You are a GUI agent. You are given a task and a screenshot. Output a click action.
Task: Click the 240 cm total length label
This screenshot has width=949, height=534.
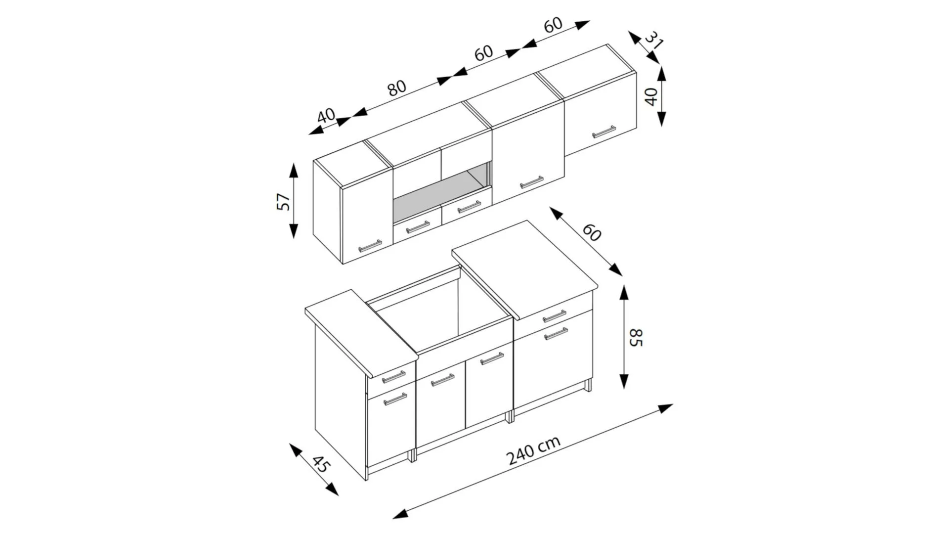[534, 450]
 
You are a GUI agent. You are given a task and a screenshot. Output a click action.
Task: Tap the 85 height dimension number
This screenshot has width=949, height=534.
[636, 337]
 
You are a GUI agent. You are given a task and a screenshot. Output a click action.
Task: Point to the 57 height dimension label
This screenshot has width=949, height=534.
[283, 201]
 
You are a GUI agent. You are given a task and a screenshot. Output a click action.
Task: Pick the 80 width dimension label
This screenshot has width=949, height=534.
[396, 88]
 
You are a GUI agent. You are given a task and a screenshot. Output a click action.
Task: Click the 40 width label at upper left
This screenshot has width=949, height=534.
[326, 116]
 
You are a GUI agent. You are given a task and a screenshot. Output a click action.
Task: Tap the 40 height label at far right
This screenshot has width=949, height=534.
[652, 96]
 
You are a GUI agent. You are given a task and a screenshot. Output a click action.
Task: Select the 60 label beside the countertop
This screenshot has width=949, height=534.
[591, 232]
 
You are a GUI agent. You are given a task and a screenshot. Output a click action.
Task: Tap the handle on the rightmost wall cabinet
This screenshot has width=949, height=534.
[604, 132]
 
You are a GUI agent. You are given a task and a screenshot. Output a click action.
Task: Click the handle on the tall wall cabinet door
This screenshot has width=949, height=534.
[531, 182]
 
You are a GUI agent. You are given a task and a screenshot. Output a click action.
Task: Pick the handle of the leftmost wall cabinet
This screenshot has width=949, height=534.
[370, 246]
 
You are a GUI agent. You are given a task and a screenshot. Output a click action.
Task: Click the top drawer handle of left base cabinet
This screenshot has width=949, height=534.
[393, 376]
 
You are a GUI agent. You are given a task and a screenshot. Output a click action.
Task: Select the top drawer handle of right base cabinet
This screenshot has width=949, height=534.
[555, 316]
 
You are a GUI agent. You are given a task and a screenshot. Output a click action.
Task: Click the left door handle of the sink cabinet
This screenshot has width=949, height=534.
[442, 380]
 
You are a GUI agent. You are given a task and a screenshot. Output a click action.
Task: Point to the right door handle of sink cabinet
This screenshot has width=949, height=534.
[492, 358]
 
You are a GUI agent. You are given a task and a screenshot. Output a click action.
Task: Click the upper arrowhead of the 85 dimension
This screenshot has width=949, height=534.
[624, 293]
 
